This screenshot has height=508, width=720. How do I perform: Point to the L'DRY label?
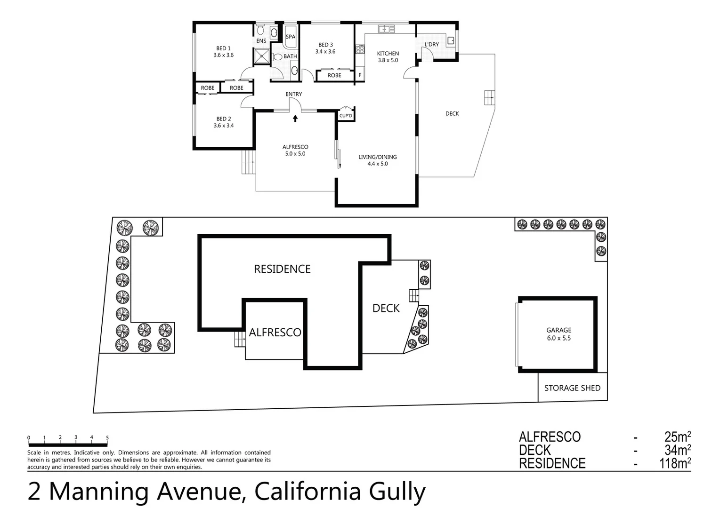pos(431,45)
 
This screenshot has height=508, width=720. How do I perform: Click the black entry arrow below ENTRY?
pos(295,118)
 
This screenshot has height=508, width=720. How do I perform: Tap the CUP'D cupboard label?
pos(346,116)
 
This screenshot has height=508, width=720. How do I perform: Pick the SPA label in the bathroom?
pos(291,37)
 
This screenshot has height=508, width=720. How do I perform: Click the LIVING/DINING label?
pos(377,157)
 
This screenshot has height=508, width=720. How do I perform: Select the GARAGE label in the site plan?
pos(558,330)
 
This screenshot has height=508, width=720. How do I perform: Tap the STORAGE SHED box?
pos(572,388)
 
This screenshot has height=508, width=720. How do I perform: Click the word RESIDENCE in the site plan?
pos(282,269)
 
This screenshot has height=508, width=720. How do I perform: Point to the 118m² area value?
pos(675,463)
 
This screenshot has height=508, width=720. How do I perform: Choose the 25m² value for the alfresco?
pos(677,437)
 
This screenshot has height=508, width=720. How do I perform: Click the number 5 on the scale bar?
pos(107,437)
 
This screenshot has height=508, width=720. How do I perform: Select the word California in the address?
pos(307,492)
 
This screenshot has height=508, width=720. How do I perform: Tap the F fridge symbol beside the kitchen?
pos(360,75)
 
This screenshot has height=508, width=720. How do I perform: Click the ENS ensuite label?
pos(261,41)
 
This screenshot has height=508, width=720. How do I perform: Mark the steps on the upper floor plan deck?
pos(489,97)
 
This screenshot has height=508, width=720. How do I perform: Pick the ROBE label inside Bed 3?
pos(334,75)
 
